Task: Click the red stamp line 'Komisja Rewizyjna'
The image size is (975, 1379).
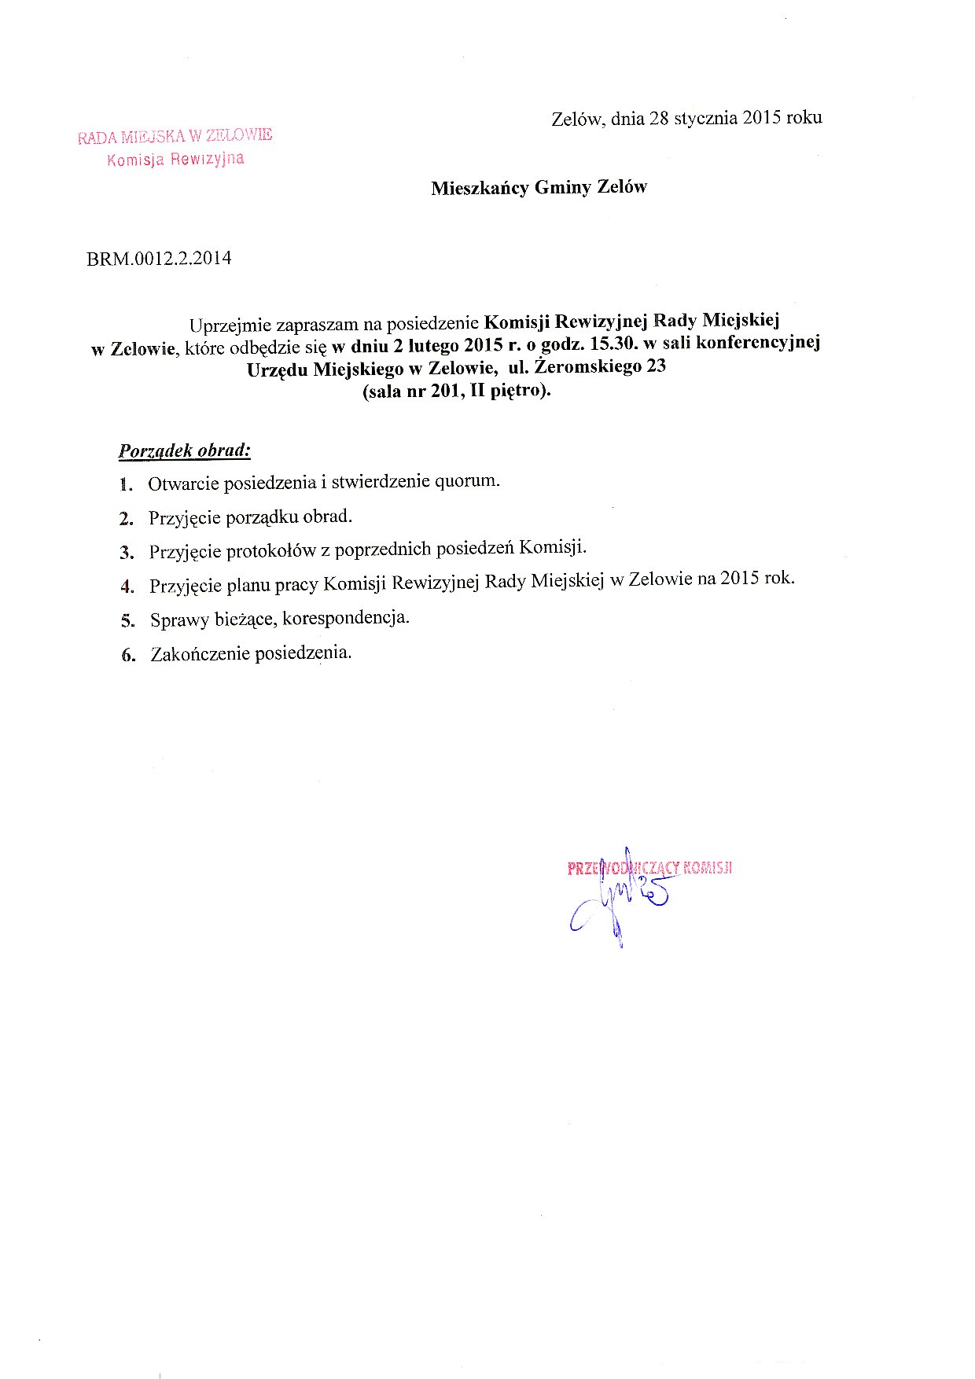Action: pos(175,160)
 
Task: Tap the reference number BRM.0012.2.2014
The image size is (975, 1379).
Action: pos(159,259)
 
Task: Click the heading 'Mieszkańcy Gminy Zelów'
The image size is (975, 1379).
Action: pos(539,188)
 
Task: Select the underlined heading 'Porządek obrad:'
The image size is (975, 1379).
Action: pos(184,451)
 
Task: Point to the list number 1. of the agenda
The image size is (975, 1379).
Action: pos(126,484)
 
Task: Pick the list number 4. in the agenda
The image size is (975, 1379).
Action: pos(128,587)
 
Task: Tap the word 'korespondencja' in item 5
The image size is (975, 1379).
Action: pos(346,617)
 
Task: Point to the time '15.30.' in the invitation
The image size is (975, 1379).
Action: pos(609,344)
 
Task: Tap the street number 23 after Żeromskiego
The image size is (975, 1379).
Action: pos(656,366)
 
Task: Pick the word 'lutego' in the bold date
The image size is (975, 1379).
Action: pos(431,345)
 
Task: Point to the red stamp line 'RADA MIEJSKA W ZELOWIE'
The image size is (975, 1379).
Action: pos(175,136)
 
